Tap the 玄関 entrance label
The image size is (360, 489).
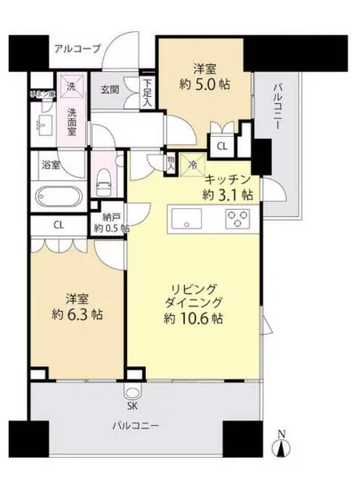(x=109, y=90)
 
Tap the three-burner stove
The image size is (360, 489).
(x=238, y=218)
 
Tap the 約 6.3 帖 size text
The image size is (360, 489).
(x=72, y=312)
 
